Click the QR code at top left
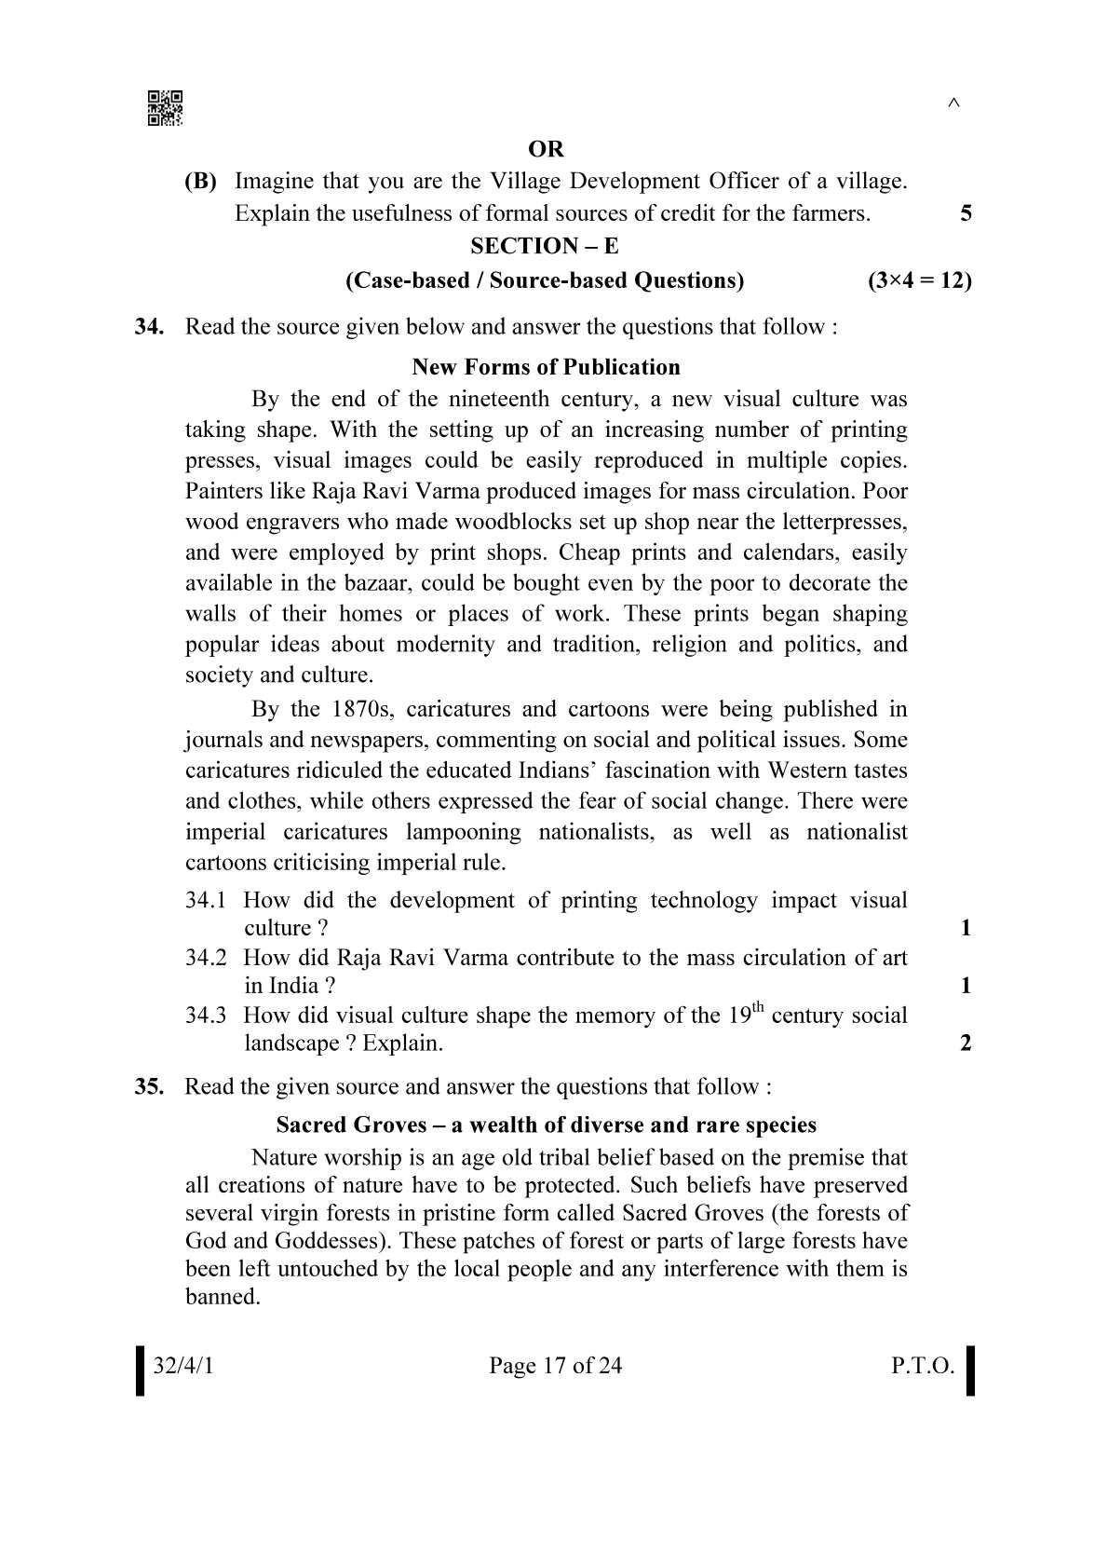point(165,108)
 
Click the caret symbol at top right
point(953,103)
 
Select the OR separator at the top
point(546,149)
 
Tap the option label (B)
point(200,181)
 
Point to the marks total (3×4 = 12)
point(919,280)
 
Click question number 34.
point(149,327)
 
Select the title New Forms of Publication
point(546,367)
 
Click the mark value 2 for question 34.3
point(966,1043)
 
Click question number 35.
point(149,1087)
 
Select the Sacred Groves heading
point(546,1125)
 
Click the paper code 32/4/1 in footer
point(183,1366)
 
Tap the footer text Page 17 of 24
point(555,1366)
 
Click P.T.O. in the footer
point(922,1366)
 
